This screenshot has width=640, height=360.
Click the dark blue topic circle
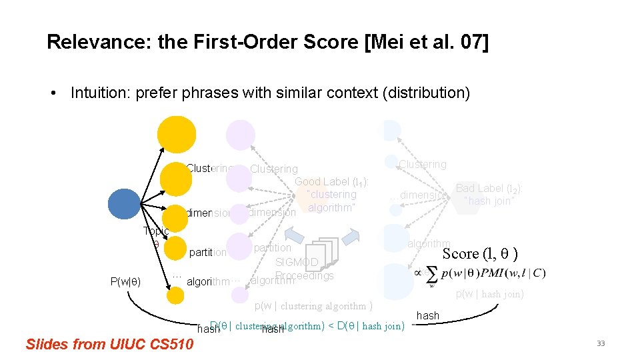(x=124, y=205)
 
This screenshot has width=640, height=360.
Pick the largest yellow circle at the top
(x=177, y=134)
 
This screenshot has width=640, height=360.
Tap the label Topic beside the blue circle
(x=156, y=231)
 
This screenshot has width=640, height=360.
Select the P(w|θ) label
(x=125, y=281)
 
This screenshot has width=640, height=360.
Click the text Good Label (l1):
(x=332, y=181)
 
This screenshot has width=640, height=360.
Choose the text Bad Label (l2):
(x=489, y=189)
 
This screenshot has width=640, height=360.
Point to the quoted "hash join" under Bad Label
(x=489, y=201)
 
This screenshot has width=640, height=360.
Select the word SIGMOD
(x=297, y=263)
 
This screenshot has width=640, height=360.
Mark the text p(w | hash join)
(x=490, y=294)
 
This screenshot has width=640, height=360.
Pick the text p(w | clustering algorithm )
(x=314, y=306)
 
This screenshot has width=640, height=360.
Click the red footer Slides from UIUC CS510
(x=109, y=344)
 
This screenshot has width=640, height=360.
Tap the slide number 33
(x=601, y=343)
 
